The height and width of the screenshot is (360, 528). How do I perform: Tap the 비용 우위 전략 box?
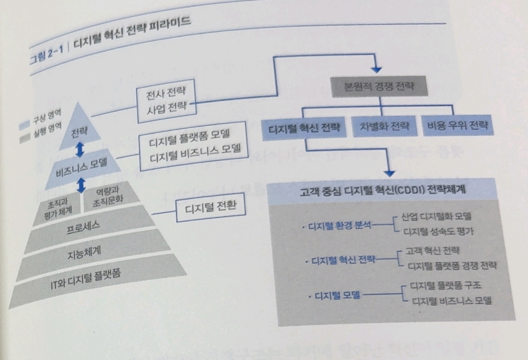click(x=456, y=127)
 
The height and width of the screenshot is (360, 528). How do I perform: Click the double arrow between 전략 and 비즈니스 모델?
click(x=80, y=149)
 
